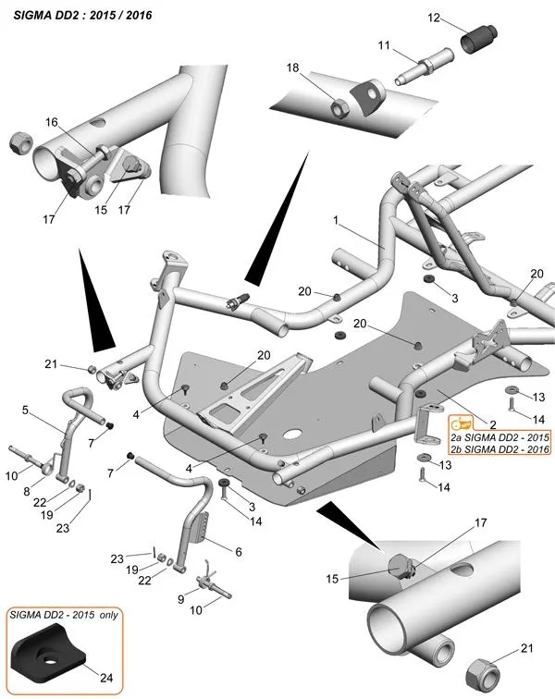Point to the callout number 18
pos(293,68)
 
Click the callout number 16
pos(51,122)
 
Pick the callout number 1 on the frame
pos(338,221)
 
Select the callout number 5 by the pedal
pos(26,410)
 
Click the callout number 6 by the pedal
pos(238,551)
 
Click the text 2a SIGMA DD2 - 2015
pos(499,435)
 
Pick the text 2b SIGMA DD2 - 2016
pos(499,448)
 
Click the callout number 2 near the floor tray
pos(493,423)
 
